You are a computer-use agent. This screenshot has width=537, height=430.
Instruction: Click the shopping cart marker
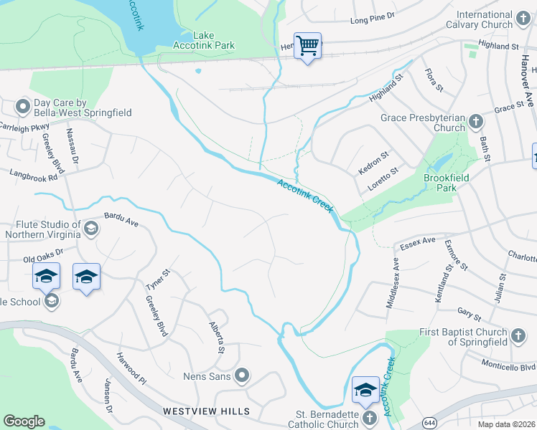coord(307,46)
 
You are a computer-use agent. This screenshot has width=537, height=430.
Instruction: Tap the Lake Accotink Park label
coord(204,40)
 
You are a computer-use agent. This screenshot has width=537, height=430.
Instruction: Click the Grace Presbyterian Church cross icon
coord(475,122)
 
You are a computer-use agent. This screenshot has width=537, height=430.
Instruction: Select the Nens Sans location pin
coord(242,375)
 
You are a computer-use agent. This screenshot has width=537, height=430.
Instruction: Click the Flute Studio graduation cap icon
coord(90,229)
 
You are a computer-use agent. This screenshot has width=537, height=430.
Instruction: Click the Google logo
coord(24,421)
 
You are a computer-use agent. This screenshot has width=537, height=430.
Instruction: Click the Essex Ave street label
coord(418,242)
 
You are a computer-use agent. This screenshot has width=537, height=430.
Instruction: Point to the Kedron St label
coord(373,163)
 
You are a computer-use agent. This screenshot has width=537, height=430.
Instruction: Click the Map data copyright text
coord(507,424)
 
